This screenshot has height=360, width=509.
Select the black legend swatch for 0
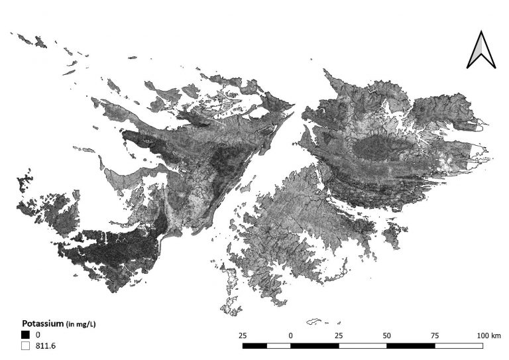click(25, 335)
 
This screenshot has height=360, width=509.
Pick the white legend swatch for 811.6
click(25, 345)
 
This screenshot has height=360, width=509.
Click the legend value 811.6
click(45, 345)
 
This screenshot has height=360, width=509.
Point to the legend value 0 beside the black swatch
click(38, 335)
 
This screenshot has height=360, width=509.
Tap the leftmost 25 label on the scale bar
click(243, 335)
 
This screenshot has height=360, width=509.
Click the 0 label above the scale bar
click(291, 335)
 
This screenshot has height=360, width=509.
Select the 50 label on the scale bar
click(387, 335)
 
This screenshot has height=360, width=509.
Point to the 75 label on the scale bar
click(435, 335)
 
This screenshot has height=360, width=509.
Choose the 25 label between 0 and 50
click(339, 335)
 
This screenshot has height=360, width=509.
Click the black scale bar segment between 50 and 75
click(411, 345)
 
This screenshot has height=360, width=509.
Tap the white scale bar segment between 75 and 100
click(459, 345)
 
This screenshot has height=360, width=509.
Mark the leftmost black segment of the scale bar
click(254, 345)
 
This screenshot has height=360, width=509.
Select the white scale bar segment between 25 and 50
click(363, 345)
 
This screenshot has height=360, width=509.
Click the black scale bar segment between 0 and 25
click(315, 345)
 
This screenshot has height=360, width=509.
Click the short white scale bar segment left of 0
click(278, 345)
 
